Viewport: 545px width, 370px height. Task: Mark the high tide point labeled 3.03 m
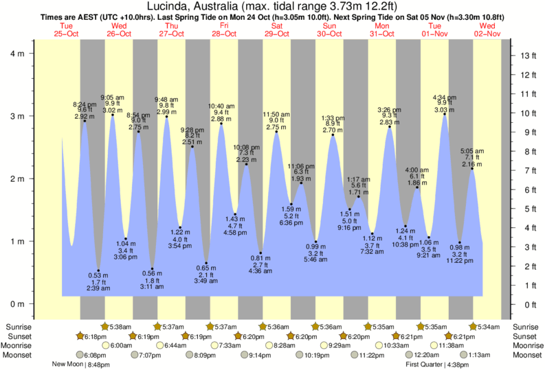[445, 114]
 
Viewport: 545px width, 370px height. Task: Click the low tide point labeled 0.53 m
[98, 270]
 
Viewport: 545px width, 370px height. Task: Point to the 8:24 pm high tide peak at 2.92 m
[85, 121]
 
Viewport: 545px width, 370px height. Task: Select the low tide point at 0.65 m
[205, 263]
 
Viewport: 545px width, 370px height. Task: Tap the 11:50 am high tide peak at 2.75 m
[276, 132]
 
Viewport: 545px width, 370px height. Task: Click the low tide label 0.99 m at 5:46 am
[316, 246]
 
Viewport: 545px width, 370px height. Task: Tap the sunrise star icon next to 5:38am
[105, 326]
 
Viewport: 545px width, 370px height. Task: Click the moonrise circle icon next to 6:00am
[104, 345]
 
